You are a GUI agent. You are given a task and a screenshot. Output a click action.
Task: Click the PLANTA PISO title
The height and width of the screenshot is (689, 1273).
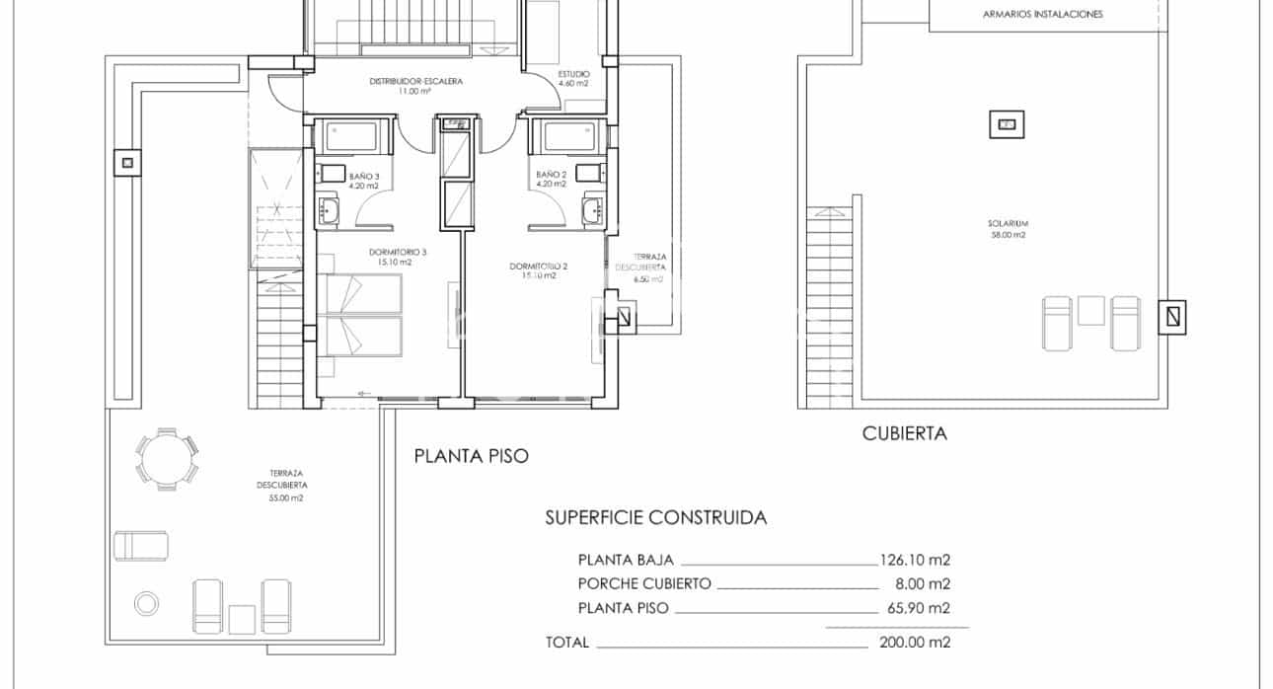coord(471,456)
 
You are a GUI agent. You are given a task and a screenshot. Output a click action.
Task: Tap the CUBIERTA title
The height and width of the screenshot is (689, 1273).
coord(904,433)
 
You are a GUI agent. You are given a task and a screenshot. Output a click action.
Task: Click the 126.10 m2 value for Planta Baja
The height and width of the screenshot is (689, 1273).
coord(914,559)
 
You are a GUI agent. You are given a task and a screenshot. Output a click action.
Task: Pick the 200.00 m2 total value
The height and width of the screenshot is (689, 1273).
coord(914,643)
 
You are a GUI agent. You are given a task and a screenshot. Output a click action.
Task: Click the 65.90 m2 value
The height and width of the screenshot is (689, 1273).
coord(918,609)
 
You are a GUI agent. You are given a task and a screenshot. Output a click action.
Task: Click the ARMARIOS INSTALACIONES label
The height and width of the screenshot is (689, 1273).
coord(1042,15)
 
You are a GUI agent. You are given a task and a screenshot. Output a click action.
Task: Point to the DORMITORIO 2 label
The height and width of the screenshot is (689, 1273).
coord(539,267)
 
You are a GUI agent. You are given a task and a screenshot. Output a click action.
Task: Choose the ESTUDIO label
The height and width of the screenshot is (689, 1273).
coord(572,74)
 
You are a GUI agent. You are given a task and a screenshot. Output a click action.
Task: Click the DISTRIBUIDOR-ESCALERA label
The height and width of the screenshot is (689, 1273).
coord(415,81)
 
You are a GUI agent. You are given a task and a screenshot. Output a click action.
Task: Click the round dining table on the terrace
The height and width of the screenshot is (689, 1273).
coord(166,458)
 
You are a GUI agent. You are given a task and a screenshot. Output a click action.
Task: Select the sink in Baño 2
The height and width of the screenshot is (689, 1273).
coord(591,210)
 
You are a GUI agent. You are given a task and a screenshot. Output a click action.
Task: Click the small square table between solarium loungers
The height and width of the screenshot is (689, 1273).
coord(1090,311)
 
